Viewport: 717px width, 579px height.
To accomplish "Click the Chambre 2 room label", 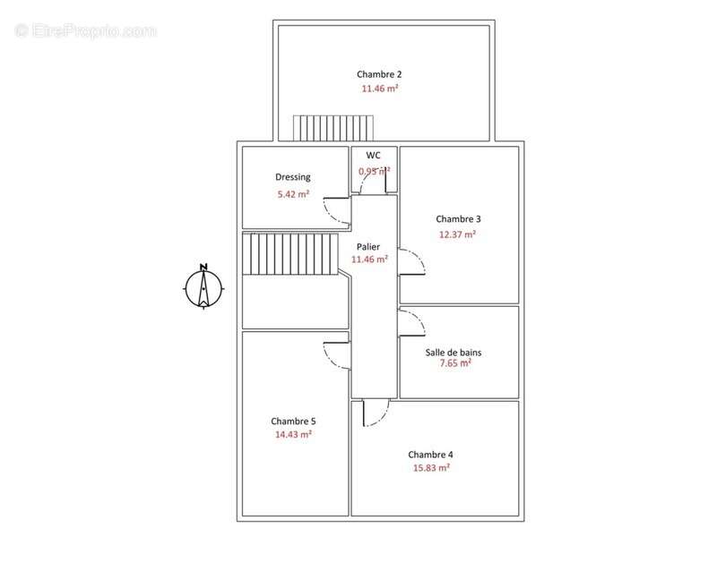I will [378, 74].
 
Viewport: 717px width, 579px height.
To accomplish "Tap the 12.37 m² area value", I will [456, 234].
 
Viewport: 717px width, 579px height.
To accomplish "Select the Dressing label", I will [292, 177].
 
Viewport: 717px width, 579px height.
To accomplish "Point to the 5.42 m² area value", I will [293, 193].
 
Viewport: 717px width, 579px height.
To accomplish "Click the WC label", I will [373, 155].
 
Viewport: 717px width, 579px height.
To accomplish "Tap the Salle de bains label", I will [453, 353].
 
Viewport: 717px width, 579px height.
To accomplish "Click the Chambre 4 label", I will [430, 454].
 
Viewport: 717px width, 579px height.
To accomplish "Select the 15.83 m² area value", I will [430, 467].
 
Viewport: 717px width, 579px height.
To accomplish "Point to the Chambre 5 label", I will [293, 421].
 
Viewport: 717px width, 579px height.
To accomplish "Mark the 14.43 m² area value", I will [293, 434].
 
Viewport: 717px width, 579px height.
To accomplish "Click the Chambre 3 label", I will [458, 219].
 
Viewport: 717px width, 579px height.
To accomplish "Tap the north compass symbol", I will [203, 287].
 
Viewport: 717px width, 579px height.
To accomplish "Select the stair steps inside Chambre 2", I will [333, 128].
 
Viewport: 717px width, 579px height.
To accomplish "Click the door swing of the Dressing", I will [337, 211].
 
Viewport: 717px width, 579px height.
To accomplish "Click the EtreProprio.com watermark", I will [86, 30].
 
